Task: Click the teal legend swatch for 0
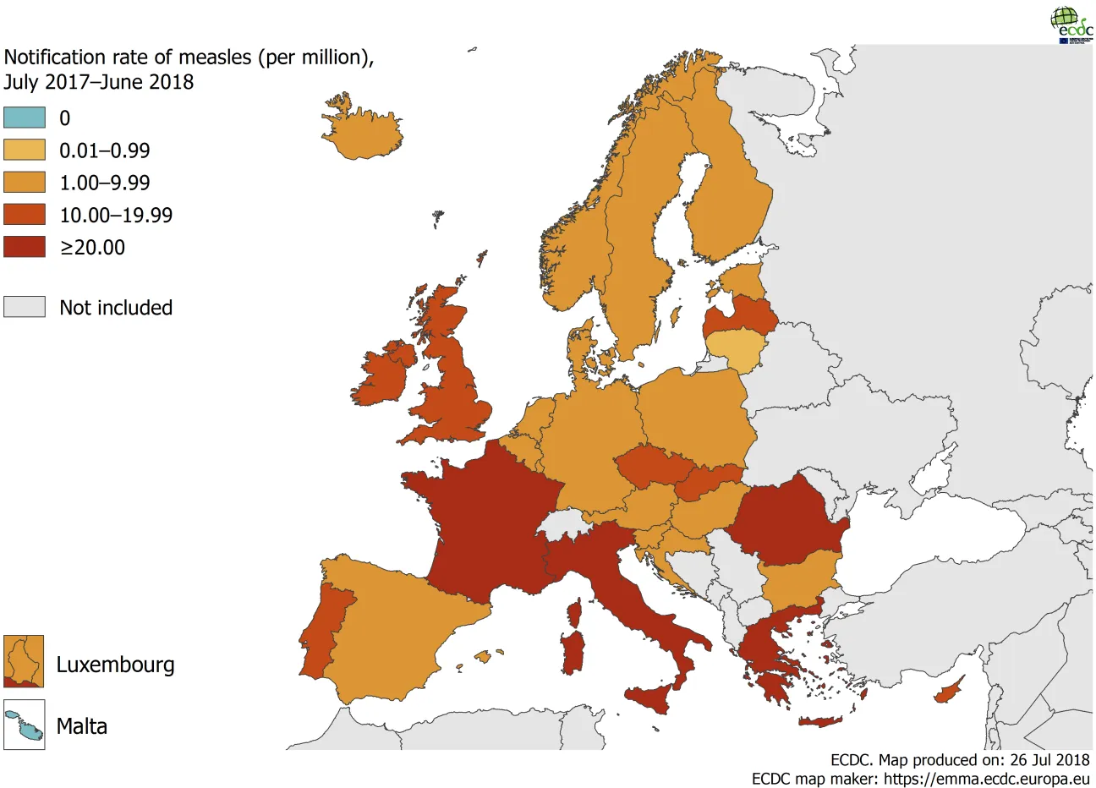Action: coord(25,118)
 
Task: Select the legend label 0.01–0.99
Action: coord(104,150)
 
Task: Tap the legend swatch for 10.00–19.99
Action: coord(25,214)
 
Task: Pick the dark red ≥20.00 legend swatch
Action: coord(25,246)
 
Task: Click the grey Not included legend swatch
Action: coord(25,306)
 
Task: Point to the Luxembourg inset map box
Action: coord(24,661)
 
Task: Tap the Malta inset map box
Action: coord(24,725)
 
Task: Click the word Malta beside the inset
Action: coord(82,726)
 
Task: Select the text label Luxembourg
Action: coord(115,665)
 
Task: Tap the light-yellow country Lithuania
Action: coord(736,349)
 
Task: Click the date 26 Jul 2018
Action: coord(1049,759)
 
